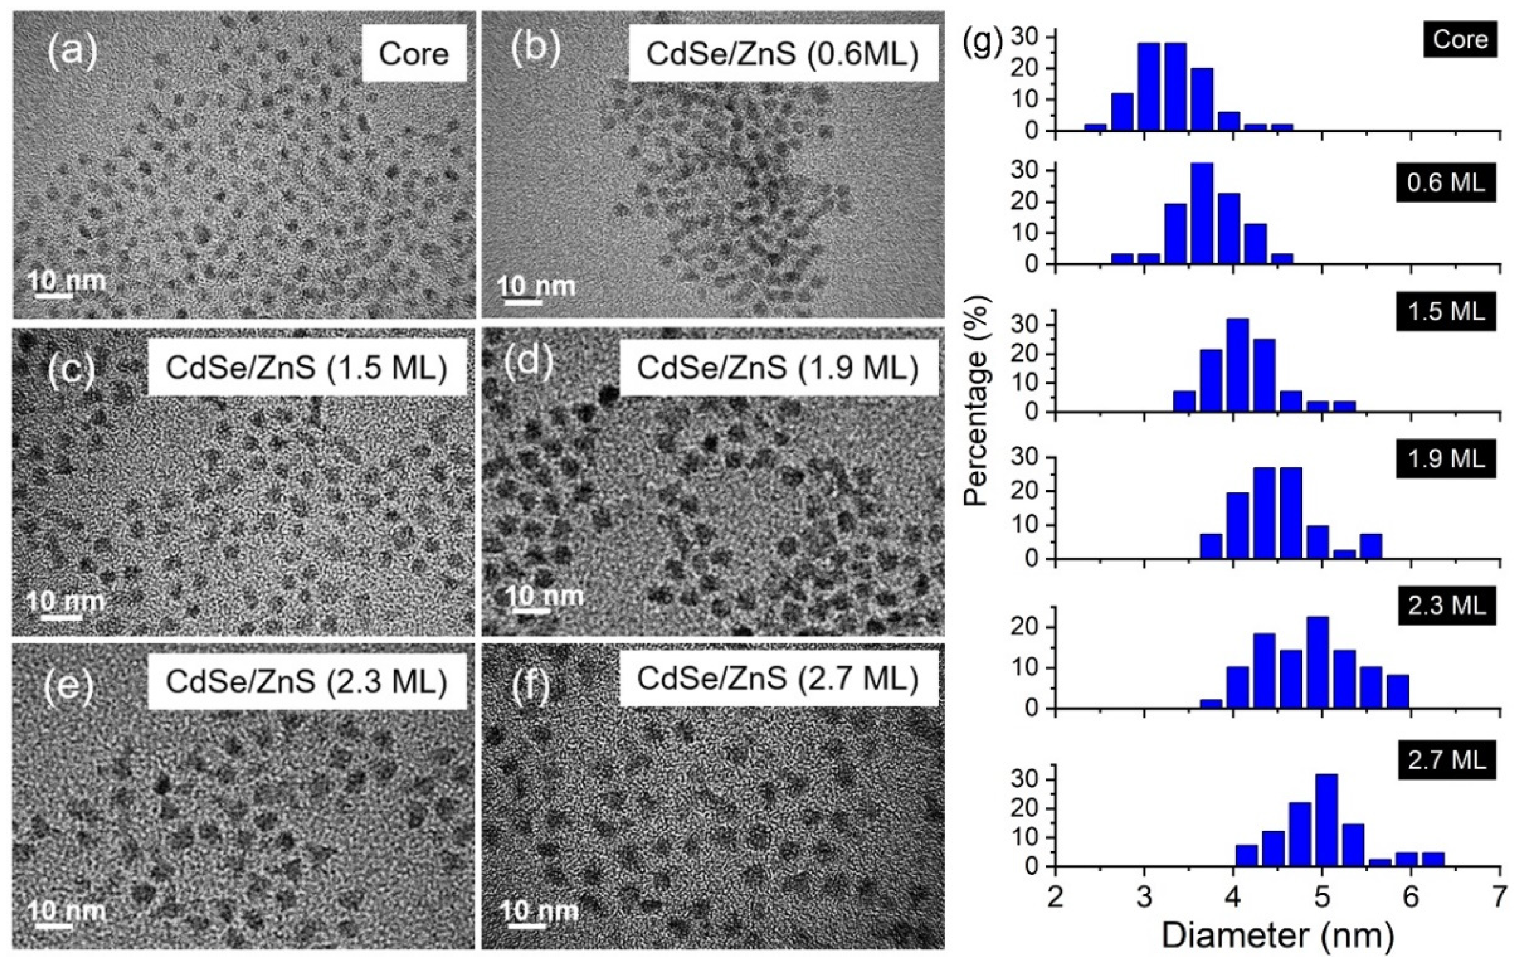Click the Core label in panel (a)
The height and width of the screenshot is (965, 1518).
click(x=413, y=53)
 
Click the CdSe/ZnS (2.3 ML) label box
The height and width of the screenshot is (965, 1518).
click(x=307, y=681)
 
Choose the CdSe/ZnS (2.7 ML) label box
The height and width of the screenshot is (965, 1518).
click(x=778, y=678)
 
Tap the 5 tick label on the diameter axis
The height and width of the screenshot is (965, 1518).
click(x=1322, y=896)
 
